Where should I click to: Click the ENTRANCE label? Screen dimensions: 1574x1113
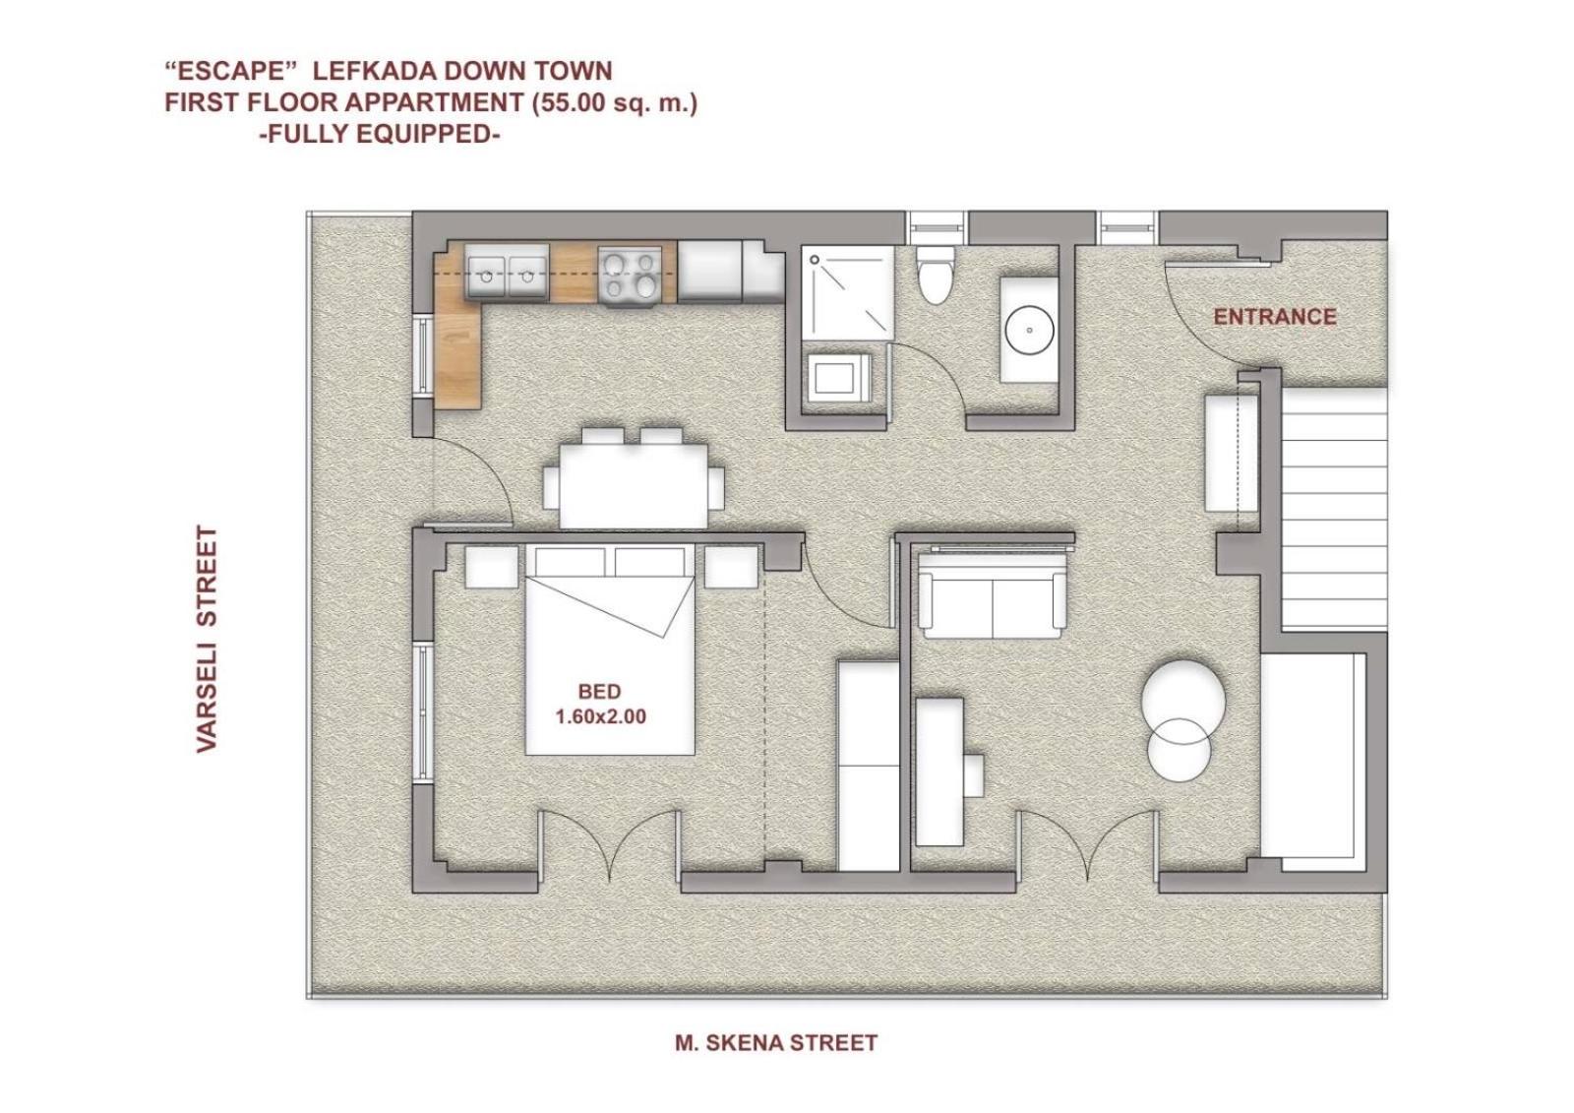pos(1275,317)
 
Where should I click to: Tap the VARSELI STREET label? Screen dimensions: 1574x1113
pos(208,639)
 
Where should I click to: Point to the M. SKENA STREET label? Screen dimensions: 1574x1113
pos(776,1043)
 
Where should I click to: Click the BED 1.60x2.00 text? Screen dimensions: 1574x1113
pos(600,705)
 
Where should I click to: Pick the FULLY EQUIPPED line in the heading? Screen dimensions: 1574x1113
pos(380,134)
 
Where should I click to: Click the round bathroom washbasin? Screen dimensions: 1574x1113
pos(1029,330)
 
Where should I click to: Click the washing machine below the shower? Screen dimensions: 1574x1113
pos(839,378)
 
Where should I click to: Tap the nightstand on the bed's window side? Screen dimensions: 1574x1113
pos(492,568)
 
